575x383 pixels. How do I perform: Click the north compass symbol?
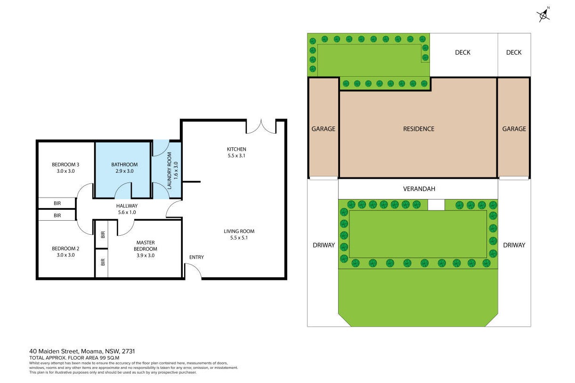tap(543, 15)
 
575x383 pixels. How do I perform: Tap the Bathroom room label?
tap(124, 164)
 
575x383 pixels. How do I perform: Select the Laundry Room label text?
tap(169, 171)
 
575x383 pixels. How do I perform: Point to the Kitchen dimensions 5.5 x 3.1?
tap(236, 155)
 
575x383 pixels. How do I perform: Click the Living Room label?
tap(239, 231)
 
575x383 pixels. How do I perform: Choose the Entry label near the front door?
tap(196, 257)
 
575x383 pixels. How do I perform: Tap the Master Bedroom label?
tap(146, 246)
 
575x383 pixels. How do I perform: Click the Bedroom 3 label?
tap(65, 164)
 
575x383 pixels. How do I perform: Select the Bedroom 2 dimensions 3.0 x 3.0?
tap(66, 255)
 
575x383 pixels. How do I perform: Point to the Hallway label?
tap(127, 206)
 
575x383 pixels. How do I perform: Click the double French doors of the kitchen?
tap(261, 127)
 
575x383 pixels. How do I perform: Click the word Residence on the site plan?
tap(419, 129)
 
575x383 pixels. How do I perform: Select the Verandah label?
tap(419, 189)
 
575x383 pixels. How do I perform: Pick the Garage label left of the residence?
tap(323, 129)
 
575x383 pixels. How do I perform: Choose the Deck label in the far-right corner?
tap(514, 53)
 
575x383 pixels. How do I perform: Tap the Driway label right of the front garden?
tap(514, 245)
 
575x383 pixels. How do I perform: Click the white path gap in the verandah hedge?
tap(436, 205)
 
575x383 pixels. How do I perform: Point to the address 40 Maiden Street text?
tap(53, 351)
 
